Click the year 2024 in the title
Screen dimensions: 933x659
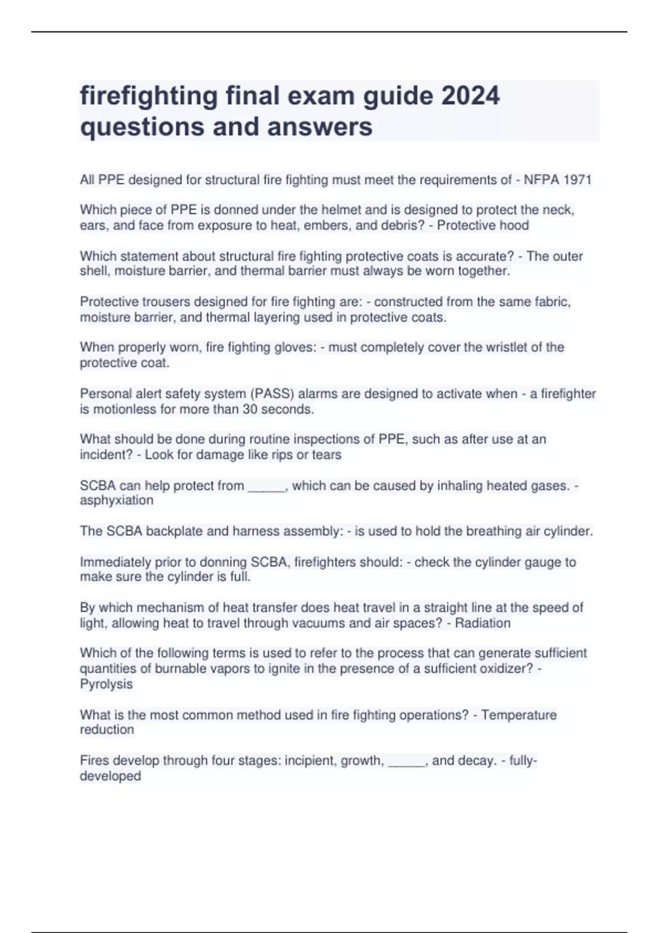click(470, 96)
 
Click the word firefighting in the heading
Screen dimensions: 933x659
click(149, 96)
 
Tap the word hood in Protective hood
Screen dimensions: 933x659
click(514, 225)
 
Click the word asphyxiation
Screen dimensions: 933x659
click(116, 500)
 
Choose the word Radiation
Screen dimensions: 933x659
click(483, 623)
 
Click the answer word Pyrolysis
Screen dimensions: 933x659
click(106, 684)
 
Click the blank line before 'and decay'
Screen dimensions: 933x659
click(407, 762)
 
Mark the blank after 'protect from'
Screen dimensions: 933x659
click(267, 487)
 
